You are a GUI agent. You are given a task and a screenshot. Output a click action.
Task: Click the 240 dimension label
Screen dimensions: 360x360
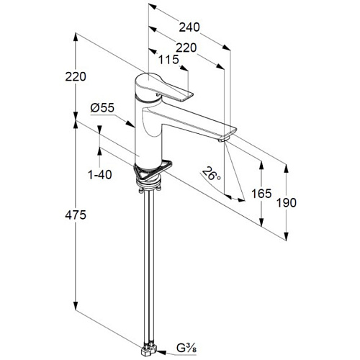pos(189,27)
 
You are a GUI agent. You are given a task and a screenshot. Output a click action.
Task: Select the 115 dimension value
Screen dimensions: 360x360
pos(168,60)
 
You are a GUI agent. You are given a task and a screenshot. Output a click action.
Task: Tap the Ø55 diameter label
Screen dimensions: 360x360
pos(102,108)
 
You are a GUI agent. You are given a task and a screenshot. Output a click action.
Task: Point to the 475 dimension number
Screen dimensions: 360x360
pos(76,215)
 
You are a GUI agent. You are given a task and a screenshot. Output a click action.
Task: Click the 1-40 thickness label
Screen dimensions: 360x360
pos(100,174)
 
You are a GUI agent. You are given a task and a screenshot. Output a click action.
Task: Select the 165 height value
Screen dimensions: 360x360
pos(261,194)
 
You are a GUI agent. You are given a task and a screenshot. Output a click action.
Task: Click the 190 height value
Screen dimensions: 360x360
pos(287,203)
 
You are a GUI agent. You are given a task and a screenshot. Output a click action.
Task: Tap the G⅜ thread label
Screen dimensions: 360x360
pos(186,348)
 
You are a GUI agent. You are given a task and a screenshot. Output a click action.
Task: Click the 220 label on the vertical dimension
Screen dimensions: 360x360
pos(76,77)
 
